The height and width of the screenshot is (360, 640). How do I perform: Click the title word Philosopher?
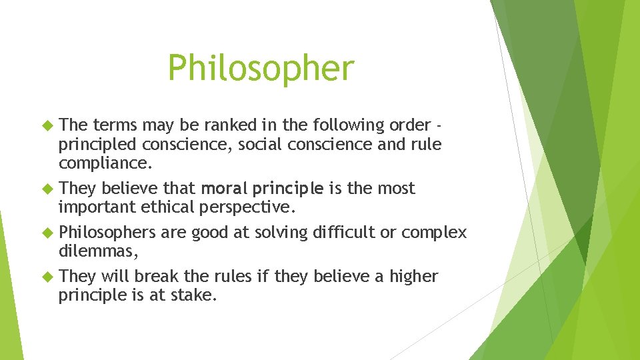pos(261,68)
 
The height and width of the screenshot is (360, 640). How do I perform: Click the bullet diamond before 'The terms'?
pos(47,125)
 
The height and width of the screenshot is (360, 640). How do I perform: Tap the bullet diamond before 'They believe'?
pos(47,189)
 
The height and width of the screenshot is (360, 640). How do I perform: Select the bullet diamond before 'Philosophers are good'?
pos(47,233)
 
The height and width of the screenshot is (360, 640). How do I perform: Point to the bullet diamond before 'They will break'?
pos(47,277)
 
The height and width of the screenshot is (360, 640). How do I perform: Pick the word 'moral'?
pos(222,189)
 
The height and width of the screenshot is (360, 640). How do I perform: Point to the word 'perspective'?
pos(247,207)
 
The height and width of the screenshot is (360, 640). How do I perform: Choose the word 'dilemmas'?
pos(97,251)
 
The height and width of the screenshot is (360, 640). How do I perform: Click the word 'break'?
pos(155,277)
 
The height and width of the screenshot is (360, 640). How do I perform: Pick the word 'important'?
pos(97,207)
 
